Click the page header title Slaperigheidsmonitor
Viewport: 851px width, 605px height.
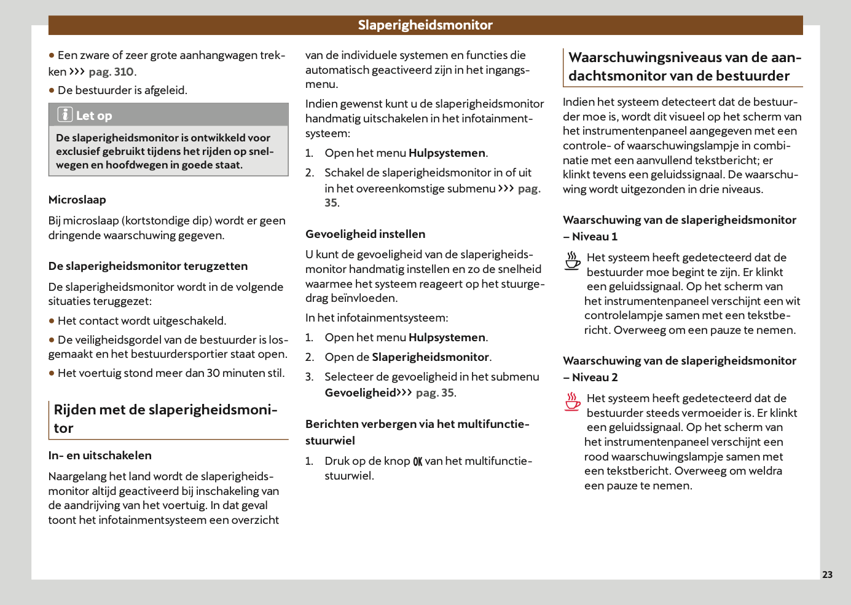tap(425, 25)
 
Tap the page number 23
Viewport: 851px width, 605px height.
tap(827, 574)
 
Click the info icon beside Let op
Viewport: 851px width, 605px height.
tap(65, 115)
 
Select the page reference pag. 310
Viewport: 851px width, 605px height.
tap(111, 72)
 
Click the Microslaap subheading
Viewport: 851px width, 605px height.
tap(77, 200)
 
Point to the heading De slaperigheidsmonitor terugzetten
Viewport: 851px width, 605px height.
tap(148, 266)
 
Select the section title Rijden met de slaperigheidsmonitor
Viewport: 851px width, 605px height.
tap(165, 419)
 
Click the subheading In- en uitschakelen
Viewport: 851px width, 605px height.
tap(100, 456)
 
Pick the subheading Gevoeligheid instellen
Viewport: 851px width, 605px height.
tap(366, 234)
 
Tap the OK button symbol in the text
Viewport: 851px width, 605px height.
tap(418, 462)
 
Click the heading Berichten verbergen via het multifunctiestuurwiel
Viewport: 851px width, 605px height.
tap(417, 432)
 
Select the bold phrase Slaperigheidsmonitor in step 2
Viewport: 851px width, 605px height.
tap(430, 357)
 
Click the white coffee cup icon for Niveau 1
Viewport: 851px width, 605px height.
tap(573, 261)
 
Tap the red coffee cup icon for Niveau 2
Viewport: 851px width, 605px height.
tap(573, 401)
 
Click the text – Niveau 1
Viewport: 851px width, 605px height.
tap(590, 237)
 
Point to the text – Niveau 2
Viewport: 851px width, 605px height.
tap(590, 378)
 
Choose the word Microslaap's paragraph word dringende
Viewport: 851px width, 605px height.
tap(74, 235)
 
